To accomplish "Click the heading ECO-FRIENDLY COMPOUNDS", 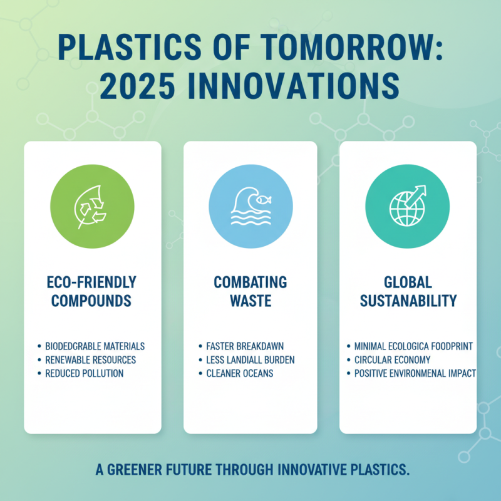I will click(93, 291).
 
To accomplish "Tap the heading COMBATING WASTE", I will click(250, 291).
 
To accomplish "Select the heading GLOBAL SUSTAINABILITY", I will click(408, 291).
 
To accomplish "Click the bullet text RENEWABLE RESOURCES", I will click(90, 359).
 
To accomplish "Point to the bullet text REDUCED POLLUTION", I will click(84, 373).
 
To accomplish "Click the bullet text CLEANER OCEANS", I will click(240, 373).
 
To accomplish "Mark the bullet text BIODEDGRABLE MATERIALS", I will click(95, 346).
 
